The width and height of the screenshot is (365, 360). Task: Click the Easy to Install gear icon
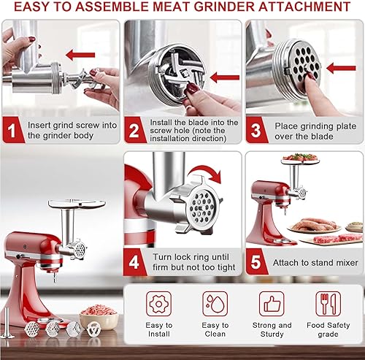[x=158, y=303]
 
